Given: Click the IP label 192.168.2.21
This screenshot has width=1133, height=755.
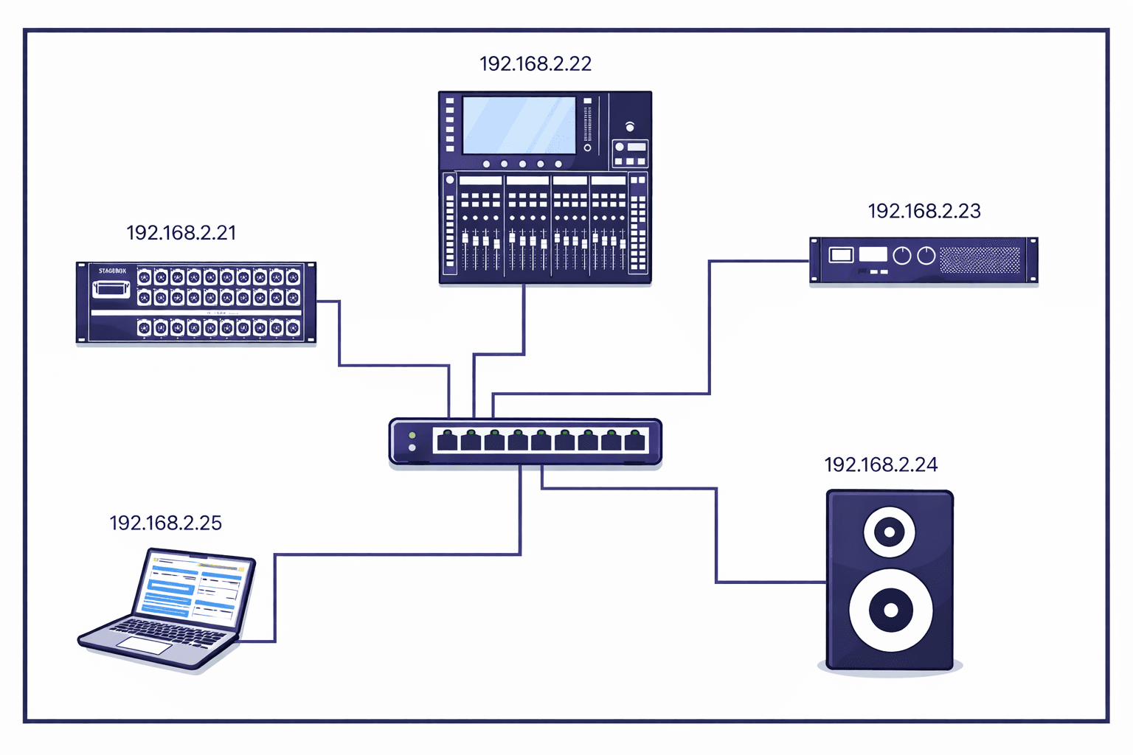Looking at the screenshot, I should click(x=181, y=233).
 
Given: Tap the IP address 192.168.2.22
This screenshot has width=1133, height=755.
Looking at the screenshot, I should click(x=536, y=64).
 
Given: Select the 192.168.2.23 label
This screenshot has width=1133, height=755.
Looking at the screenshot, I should click(x=924, y=212).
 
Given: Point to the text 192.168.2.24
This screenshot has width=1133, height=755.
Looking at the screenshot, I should click(x=881, y=465).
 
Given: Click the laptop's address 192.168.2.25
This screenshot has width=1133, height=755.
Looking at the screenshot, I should click(x=165, y=523).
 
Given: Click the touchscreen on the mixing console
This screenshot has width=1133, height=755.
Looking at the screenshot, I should click(x=519, y=125).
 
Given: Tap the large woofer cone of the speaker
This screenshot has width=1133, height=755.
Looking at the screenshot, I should click(x=890, y=610).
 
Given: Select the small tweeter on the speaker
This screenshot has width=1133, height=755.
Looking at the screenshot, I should click(x=890, y=532).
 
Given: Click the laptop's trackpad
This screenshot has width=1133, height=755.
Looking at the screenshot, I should click(x=145, y=645).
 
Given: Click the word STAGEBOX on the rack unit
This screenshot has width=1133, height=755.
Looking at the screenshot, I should click(x=112, y=271).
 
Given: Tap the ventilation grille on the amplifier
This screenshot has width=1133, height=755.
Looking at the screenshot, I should click(x=980, y=260).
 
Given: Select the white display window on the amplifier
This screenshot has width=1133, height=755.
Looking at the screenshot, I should click(x=873, y=254).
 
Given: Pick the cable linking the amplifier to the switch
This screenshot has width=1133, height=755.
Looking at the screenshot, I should click(x=709, y=332).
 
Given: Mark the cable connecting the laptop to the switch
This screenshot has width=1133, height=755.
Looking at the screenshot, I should click(x=398, y=554).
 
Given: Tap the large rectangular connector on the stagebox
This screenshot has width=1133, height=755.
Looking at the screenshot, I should click(x=111, y=288).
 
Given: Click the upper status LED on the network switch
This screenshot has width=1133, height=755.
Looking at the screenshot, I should click(x=412, y=436).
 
